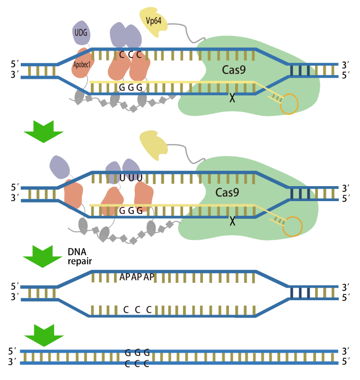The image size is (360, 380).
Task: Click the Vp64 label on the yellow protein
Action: (153, 20)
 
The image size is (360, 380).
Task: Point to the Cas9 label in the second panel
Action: (227, 193)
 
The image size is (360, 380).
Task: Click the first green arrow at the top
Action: (43, 130)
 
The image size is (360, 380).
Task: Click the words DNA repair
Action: (79, 256)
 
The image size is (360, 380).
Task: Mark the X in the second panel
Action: (232, 221)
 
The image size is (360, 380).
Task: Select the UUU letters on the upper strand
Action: (130, 177)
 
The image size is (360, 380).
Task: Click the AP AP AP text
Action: (137, 277)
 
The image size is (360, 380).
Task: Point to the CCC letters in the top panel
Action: (130, 55)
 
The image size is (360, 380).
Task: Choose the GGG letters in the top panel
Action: (130, 88)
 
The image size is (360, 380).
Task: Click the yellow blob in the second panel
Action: (153, 145)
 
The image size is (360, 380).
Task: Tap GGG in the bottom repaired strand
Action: (137, 352)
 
